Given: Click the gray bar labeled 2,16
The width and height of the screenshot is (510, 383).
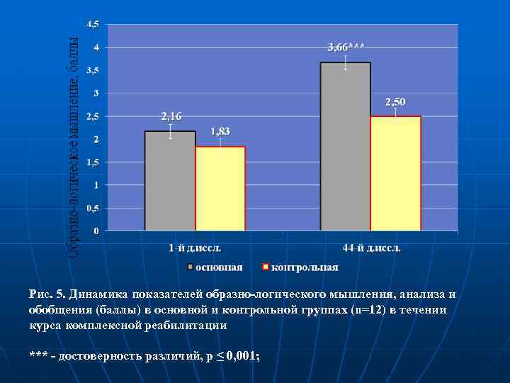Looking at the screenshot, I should pyautogui.click(x=170, y=181).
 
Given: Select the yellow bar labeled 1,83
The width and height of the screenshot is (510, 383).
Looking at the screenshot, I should pyautogui.click(x=220, y=189).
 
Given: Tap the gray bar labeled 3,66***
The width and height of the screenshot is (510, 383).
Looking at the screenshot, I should pyautogui.click(x=346, y=146).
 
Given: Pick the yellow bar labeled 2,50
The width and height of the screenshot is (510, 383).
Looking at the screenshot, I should pyautogui.click(x=396, y=173).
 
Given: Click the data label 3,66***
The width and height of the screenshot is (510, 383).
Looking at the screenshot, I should pyautogui.click(x=346, y=48).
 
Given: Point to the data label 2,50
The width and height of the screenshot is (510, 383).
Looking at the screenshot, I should pyautogui.click(x=396, y=103).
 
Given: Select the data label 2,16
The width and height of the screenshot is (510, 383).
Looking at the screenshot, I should pyautogui.click(x=171, y=116).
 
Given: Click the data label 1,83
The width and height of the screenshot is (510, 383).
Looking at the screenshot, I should pyautogui.click(x=220, y=132).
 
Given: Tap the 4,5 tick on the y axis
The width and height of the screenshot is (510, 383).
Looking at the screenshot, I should pyautogui.click(x=93, y=24).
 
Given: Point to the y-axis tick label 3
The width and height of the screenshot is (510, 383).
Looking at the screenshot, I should pyautogui.click(x=97, y=93).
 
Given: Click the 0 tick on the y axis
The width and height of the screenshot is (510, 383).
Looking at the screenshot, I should pyautogui.click(x=97, y=231).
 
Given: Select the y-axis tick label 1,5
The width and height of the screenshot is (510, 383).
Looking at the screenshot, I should pyautogui.click(x=93, y=162).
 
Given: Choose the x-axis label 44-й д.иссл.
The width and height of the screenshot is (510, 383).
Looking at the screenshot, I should pyautogui.click(x=370, y=248).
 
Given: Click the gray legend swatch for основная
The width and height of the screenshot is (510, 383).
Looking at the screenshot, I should pyautogui.click(x=190, y=267).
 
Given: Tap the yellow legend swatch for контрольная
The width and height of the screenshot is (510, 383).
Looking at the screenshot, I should pyautogui.click(x=266, y=267).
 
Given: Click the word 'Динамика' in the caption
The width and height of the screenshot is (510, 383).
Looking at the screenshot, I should pyautogui.click(x=98, y=294).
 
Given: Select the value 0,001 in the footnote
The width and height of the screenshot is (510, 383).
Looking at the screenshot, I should pyautogui.click(x=242, y=355).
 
